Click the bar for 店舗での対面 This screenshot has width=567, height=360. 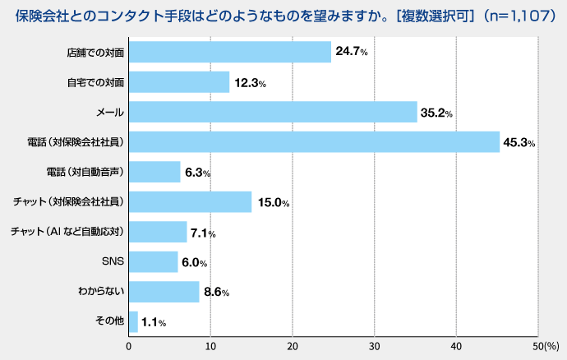[230, 52]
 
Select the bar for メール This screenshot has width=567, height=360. [273, 112]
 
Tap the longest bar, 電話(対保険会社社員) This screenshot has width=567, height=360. [314, 141]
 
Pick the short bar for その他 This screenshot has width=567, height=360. [133, 321]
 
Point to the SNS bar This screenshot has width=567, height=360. [154, 261]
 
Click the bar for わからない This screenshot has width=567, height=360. [164, 292]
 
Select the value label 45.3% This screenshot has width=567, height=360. [519, 143]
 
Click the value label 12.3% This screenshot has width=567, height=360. [250, 83]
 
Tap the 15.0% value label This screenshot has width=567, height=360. [273, 203]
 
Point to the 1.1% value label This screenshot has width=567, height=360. [154, 323]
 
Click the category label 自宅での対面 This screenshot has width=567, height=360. [95, 82]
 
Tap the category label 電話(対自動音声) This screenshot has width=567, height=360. [85, 172]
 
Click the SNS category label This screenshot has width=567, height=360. [112, 262]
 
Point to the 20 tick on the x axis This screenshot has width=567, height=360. [293, 347]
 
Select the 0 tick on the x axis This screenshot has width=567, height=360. [129, 347]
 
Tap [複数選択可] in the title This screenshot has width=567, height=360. [418, 16]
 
